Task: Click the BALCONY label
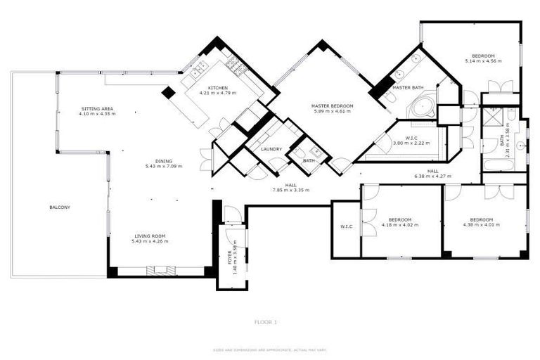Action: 60,207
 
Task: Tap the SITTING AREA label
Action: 97,109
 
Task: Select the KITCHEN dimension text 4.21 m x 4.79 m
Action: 217,93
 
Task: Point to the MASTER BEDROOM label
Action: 333,105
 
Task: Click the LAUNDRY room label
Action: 271,149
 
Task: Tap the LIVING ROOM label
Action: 149,236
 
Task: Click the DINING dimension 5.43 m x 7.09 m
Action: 163,167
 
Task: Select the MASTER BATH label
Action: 408,88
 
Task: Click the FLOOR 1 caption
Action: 266,322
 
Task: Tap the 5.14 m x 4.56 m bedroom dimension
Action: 483,62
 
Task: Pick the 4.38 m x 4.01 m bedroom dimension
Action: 482,225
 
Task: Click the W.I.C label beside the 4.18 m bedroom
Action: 346,226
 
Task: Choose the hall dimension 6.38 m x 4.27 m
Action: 426,175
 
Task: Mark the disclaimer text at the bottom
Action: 270,349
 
